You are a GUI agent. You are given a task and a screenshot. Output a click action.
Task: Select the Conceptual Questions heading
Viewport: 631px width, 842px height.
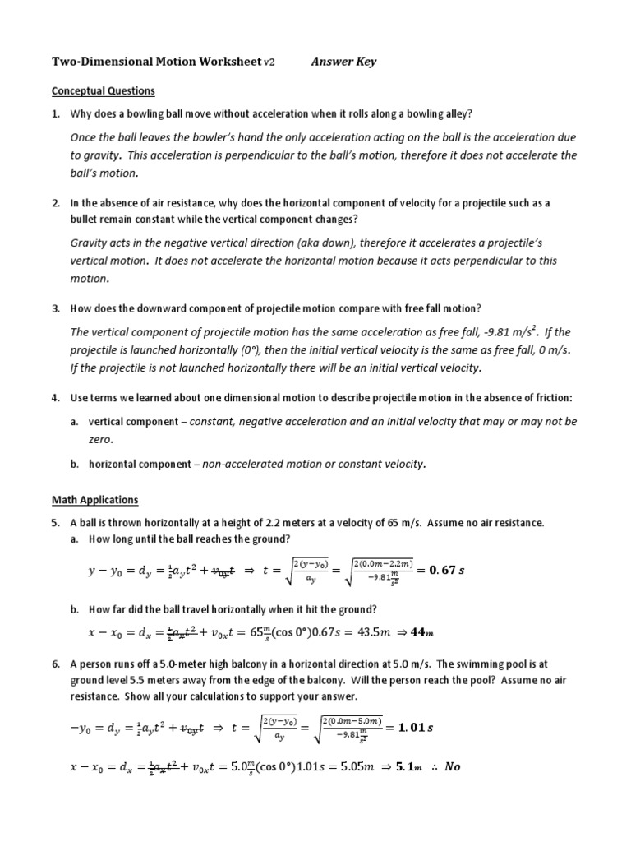click(103, 90)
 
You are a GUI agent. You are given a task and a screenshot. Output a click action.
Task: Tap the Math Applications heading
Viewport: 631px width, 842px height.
click(95, 499)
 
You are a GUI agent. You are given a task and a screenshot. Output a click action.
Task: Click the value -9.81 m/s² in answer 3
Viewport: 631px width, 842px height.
click(502, 331)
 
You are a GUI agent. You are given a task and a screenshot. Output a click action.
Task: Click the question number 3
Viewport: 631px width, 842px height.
click(55, 308)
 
